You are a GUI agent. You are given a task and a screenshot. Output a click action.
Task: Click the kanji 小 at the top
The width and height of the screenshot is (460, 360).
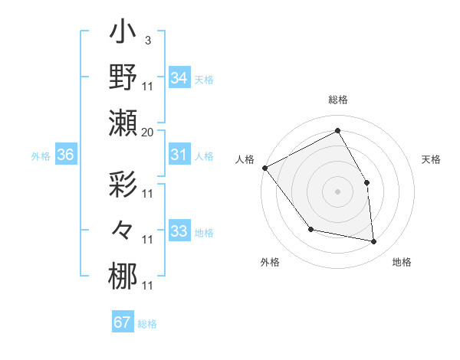click(x=123, y=34)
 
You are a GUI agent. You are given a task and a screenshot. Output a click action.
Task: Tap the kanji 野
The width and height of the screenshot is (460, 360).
click(x=123, y=77)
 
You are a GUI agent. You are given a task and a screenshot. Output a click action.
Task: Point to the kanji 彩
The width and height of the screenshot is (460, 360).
click(x=123, y=187)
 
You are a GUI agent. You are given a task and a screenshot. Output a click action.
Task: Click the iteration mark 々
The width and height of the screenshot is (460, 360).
click(x=123, y=230)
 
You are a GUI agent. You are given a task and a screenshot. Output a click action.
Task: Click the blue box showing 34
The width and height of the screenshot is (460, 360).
click(x=179, y=77)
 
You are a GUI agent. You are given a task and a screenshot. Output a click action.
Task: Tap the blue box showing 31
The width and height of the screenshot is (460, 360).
click(x=179, y=155)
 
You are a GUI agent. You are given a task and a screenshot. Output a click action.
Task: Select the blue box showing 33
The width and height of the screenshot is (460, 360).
click(x=179, y=231)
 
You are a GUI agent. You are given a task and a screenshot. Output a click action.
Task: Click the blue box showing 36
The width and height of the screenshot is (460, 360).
click(x=66, y=155)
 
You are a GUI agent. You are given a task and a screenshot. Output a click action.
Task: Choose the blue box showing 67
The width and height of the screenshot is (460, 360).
click(x=123, y=322)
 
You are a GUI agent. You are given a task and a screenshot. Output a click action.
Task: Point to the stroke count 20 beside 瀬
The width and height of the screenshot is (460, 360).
click(x=148, y=132)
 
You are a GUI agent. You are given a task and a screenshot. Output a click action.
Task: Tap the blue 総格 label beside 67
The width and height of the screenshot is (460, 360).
click(x=147, y=324)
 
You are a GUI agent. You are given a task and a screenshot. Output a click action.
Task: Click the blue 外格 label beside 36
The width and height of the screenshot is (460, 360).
click(x=41, y=156)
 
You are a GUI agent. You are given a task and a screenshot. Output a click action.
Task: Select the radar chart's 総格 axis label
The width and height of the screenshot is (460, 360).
click(x=338, y=100)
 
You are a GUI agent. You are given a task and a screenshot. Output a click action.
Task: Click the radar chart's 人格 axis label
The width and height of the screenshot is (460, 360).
click(x=245, y=159)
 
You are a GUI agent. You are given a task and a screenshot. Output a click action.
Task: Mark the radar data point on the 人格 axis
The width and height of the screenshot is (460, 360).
click(x=265, y=168)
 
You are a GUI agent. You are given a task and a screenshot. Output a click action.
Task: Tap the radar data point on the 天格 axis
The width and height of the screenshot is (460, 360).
click(x=366, y=182)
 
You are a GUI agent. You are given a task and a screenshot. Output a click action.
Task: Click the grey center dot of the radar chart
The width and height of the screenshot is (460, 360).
click(x=338, y=191)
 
